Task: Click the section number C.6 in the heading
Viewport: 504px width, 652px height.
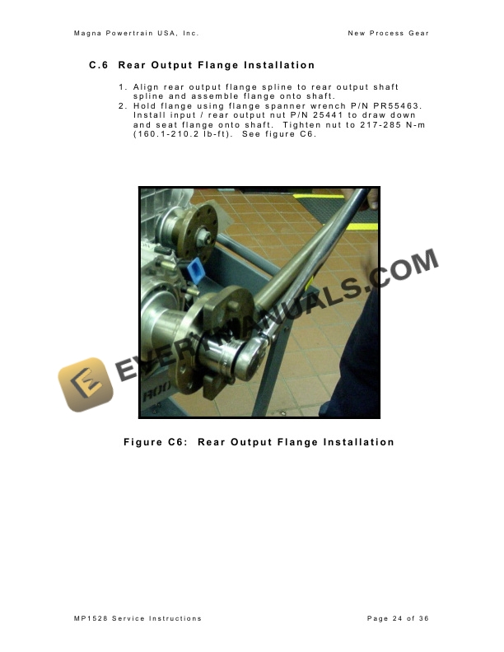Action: (99, 65)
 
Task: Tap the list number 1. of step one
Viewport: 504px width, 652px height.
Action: (122, 86)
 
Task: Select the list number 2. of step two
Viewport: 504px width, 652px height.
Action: (122, 105)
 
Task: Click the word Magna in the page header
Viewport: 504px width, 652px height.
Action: (88, 33)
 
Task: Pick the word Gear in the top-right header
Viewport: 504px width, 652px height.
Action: (418, 33)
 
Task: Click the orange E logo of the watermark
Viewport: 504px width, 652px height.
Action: (86, 384)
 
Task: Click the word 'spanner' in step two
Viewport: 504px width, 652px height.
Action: (256, 105)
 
